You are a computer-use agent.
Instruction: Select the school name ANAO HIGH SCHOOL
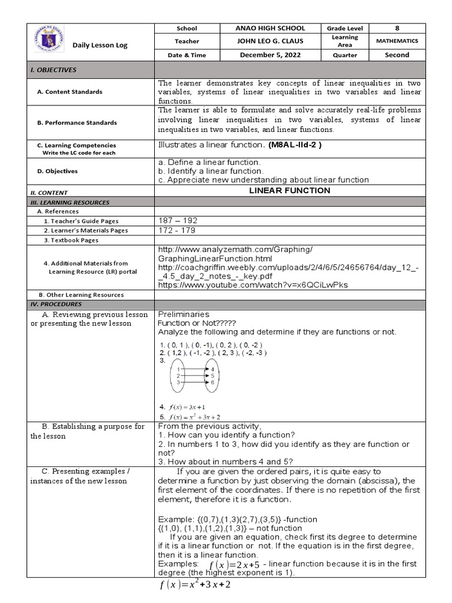coord(270,28)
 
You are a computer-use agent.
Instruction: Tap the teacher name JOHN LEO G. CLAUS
coord(270,41)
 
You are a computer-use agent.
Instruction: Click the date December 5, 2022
coord(270,55)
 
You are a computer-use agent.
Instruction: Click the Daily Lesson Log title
coord(100,45)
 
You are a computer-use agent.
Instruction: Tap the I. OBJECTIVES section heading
coord(54,69)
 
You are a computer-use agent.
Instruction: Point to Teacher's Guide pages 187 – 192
coord(178,220)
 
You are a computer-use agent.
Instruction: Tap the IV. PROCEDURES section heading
coord(56,304)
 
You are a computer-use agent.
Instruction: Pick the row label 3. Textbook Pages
coord(71,240)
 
